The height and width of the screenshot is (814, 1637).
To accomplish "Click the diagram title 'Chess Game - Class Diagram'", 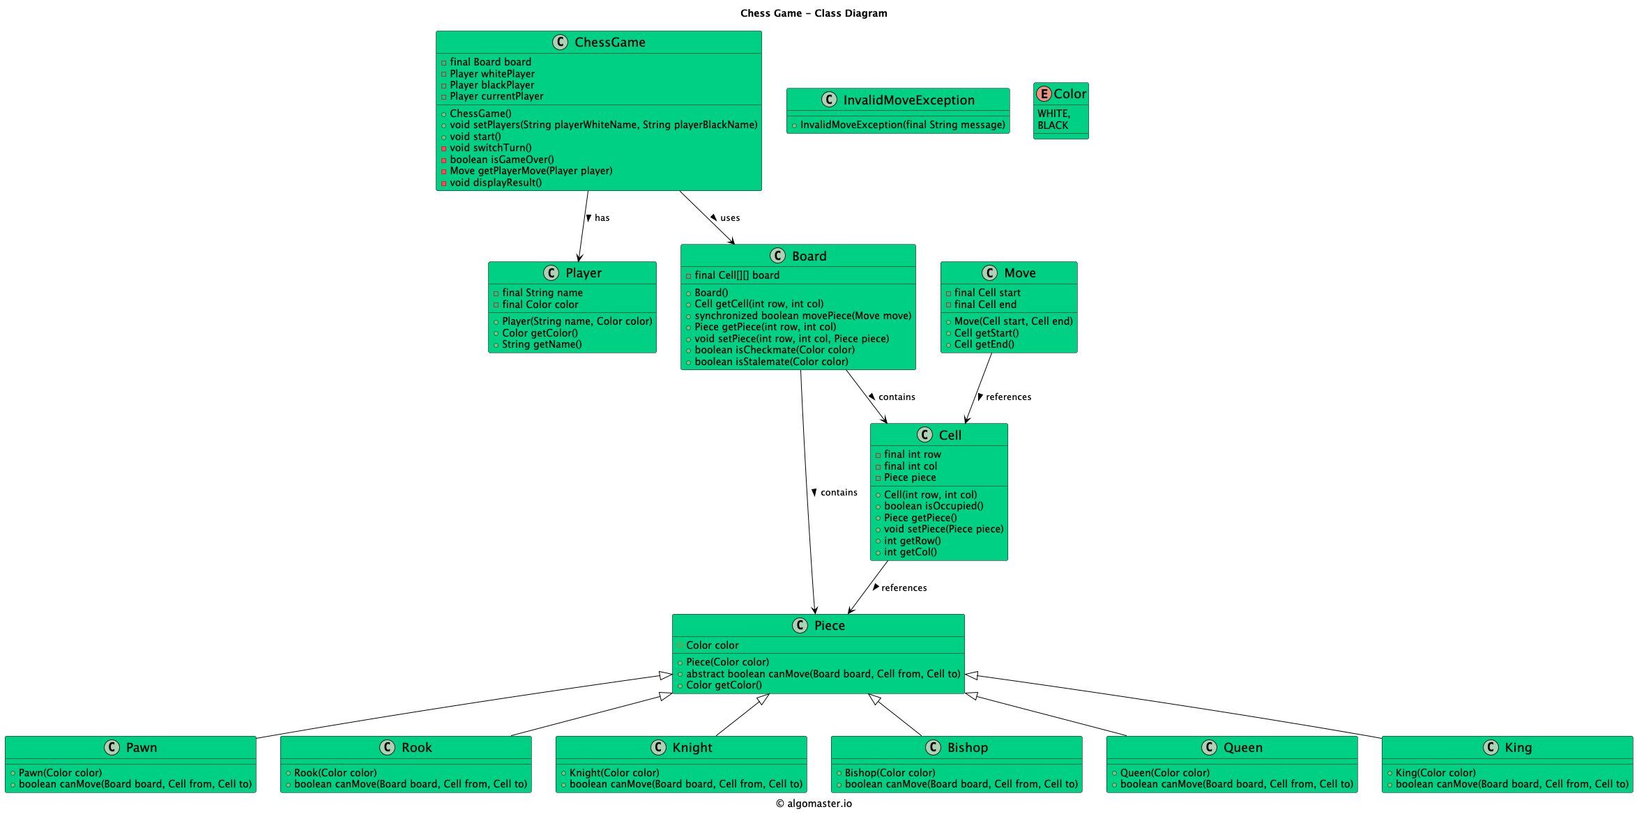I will pos(813,13).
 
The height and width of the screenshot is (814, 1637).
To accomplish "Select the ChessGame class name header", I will pos(609,43).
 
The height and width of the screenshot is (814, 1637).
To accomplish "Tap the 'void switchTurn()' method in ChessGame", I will pos(490,148).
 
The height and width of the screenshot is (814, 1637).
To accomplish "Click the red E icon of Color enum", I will pos(1044,94).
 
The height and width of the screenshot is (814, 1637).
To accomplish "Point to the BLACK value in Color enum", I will pos(1052,125).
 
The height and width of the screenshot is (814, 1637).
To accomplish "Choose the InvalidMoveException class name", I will pos(908,100).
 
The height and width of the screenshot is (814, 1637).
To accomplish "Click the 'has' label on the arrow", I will pos(602,218).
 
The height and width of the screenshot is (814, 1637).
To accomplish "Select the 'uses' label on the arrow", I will pos(729,218).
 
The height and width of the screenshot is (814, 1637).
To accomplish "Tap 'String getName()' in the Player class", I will pos(541,344).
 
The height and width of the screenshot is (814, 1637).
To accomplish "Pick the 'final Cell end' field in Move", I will pos(984,305).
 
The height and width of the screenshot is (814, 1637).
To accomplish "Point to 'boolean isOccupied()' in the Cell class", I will pos(933,506).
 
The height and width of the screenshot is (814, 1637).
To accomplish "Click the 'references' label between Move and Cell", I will pos(1007,397).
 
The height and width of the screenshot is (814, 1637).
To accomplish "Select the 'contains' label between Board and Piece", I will pos(838,493).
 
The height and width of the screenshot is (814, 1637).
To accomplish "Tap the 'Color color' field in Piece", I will pos(712,645).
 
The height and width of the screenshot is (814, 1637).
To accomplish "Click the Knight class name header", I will pos(692,748).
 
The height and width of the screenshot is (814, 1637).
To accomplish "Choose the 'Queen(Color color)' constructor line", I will pos(1164,773).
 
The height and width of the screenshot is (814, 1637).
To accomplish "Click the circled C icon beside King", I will pos(1491,748).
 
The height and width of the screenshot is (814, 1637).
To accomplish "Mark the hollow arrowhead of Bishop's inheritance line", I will pos(874,699).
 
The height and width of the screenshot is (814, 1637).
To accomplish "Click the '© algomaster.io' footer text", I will pos(813,804).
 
